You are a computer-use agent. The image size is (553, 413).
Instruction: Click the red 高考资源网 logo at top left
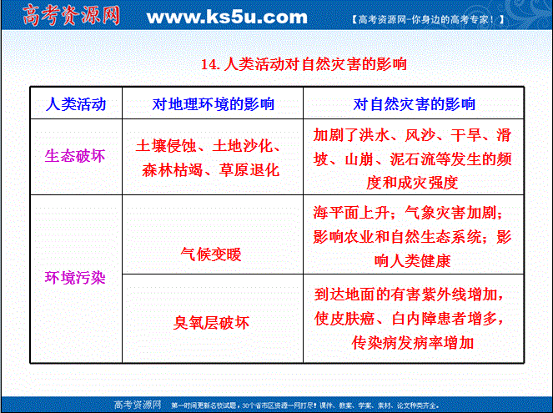coord(71,15)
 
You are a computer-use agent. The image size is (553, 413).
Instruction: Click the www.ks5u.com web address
coord(227,17)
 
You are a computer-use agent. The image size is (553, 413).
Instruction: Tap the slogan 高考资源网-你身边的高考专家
coord(427,19)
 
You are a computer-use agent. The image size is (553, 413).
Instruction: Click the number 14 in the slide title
coord(209,64)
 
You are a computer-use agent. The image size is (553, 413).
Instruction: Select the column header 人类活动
coord(76,104)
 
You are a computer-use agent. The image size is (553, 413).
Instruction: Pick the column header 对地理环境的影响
coord(213,104)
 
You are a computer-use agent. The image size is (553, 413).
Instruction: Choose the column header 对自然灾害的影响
coord(414,104)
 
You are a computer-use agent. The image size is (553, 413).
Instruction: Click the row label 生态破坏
coord(75,155)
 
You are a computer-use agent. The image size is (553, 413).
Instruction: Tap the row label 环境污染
coord(75,278)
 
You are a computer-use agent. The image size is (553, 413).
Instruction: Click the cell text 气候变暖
coord(211,254)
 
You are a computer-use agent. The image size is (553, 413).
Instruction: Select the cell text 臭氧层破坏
coord(211,322)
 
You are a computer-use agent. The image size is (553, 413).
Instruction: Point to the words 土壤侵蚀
coord(166,146)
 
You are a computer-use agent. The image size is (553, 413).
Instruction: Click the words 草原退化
coord(249,170)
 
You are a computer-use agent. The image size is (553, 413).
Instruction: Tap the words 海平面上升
coord(351,213)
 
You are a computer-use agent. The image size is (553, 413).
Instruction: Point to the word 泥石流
coord(413,159)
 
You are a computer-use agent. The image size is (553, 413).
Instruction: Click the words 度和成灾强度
coord(412,183)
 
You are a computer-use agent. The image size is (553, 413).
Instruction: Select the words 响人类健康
coord(412,261)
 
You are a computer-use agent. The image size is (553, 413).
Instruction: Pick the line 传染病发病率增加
coord(412,342)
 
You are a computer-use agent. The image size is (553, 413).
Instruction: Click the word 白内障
coord(415,319)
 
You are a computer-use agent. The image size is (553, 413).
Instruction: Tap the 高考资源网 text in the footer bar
coord(138,405)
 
